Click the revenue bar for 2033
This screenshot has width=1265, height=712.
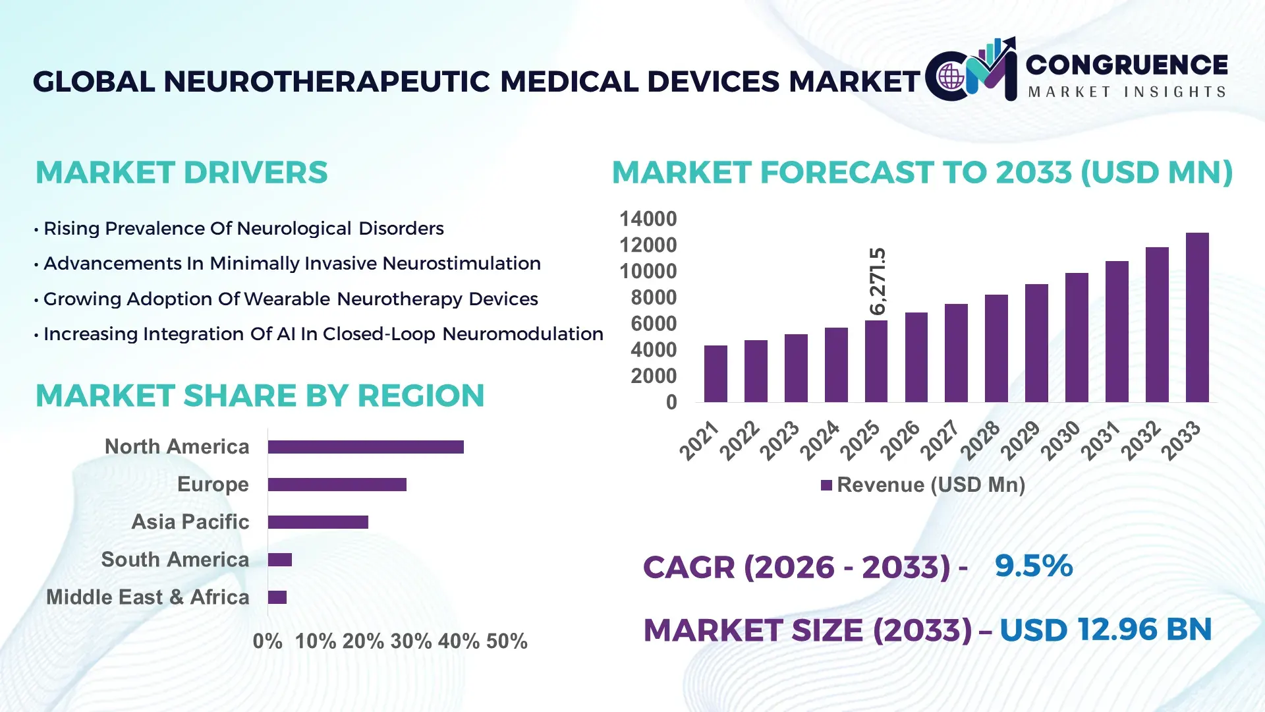pos(1197,318)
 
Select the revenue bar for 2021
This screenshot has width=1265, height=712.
pos(716,374)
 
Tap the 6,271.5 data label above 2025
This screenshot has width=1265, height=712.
pos(878,282)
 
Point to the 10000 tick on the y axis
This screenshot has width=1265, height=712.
pos(648,271)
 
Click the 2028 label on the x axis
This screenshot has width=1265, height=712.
pos(981,440)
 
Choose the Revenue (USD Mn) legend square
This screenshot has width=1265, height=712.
pos(826,485)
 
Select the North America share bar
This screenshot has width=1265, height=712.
pos(366,447)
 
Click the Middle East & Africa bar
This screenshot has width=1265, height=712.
pos(277,597)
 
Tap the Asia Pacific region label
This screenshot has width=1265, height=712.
pos(190,521)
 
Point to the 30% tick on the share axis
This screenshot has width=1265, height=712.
pos(410,641)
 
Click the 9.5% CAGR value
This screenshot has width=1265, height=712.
pos(1033,566)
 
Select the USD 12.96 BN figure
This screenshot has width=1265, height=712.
pos(1106,630)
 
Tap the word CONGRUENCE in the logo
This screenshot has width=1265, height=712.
pos(1127,65)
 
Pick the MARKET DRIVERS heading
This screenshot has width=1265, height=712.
pos(181,173)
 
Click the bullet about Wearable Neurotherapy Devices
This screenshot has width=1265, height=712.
pos(290,299)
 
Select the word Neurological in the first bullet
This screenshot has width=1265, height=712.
pos(294,228)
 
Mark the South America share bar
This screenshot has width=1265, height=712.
pos(280,560)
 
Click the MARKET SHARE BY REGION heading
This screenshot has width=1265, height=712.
pos(260,396)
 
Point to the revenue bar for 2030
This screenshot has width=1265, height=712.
pos(1077,338)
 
